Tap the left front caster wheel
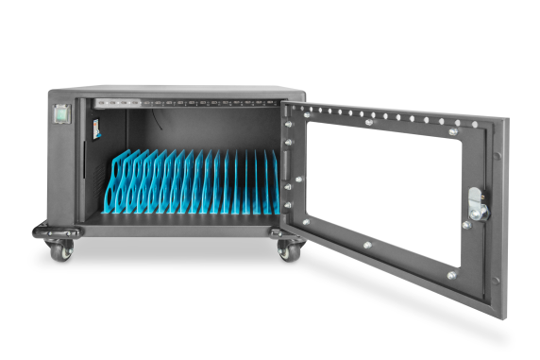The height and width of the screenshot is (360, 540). tap(59, 249)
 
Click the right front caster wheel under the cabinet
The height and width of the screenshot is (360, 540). tap(287, 251)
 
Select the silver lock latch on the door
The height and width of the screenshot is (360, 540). tap(477, 206)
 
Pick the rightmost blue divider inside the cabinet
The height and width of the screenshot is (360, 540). tap(276, 184)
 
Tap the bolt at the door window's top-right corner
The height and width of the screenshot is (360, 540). tap(454, 132)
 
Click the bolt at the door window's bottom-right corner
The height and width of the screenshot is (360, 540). tap(451, 275)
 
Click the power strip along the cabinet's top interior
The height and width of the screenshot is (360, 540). tap(189, 102)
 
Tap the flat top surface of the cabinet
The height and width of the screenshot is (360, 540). tap(179, 91)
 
